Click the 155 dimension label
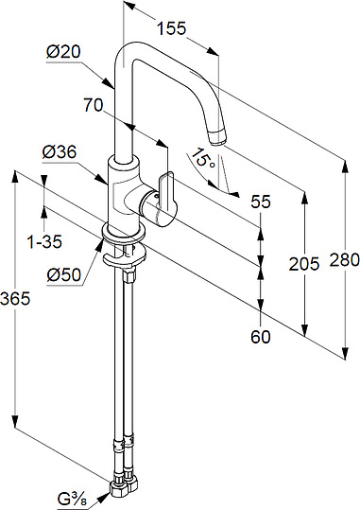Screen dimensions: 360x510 coord(172,28)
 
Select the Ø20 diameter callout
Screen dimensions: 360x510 coord(63,52)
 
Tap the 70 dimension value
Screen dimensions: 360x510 coord(94,105)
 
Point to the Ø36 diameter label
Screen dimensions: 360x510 coord(60,152)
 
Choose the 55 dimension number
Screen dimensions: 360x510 coord(261,202)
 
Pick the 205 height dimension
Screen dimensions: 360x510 coord(304,264)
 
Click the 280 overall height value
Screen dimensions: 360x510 coord(345,260)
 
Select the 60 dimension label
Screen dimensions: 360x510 coord(261,337)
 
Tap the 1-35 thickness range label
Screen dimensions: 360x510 coord(44,242)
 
